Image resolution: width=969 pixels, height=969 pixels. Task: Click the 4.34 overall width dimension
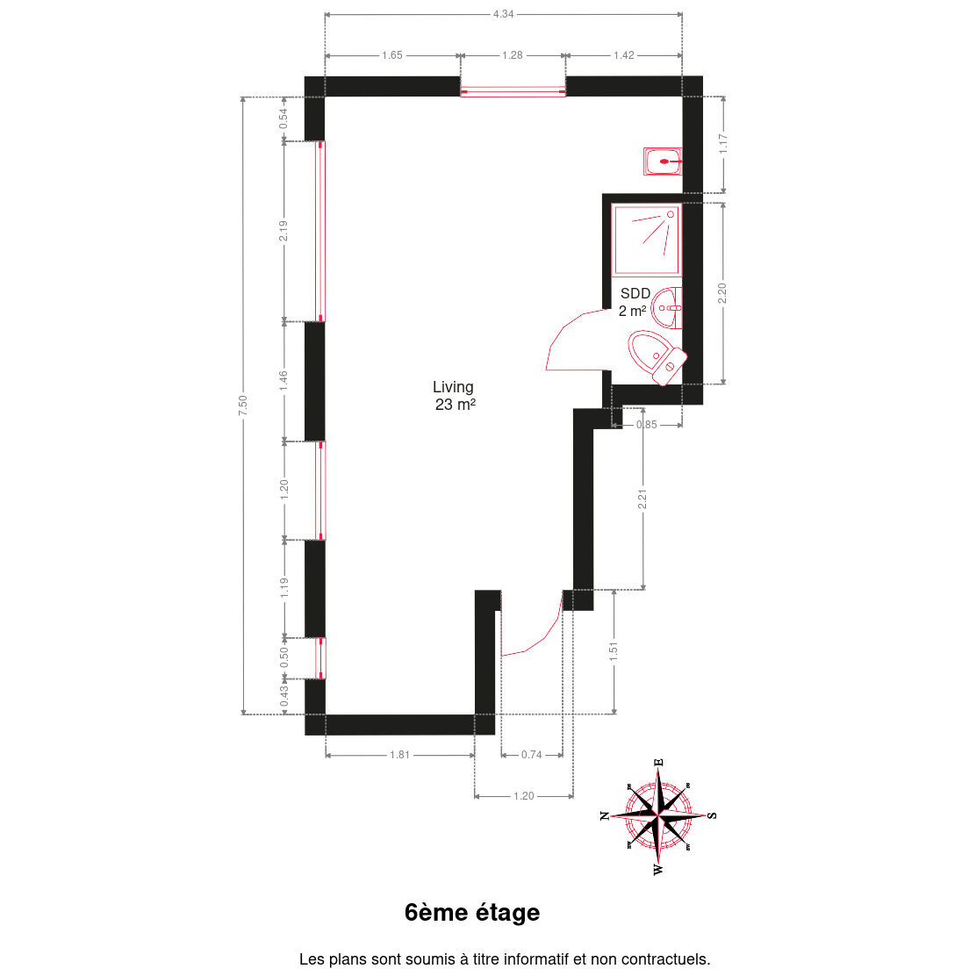point(503,13)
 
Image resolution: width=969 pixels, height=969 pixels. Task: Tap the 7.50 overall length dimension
point(243,406)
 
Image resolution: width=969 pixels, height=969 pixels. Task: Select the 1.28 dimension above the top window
point(513,55)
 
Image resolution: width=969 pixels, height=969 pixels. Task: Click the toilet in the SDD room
point(657,358)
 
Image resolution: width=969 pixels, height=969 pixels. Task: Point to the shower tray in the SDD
point(646,239)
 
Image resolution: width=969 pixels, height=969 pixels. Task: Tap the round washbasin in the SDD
point(666,308)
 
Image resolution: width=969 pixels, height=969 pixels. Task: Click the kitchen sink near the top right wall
point(663,161)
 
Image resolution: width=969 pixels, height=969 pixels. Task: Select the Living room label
point(453,387)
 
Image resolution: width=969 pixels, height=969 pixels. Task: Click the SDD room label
point(635,293)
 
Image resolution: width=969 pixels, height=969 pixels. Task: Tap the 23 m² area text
point(456,405)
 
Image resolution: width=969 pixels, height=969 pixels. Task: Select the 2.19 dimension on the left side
point(284,231)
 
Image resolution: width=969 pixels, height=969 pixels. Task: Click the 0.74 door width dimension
point(532,755)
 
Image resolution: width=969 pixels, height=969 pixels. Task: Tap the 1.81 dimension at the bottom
point(400,755)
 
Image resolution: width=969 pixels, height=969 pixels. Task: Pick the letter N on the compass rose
point(605,815)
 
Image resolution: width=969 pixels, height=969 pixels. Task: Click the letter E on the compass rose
point(659,763)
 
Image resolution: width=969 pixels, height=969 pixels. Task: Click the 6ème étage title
point(472,912)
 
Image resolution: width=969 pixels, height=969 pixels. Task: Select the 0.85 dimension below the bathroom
point(646,425)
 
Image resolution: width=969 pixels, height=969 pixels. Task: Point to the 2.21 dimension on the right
point(642,499)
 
